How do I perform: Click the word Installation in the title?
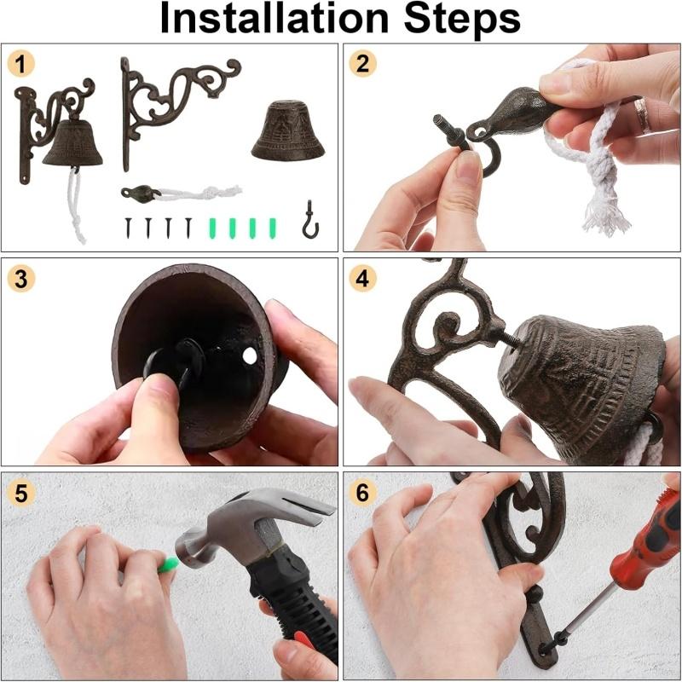[274, 18]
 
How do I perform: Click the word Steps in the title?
[462, 18]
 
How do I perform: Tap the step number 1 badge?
[20, 64]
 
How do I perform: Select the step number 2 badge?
[362, 64]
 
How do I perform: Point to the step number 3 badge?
[20, 280]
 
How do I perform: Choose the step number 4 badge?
[362, 279]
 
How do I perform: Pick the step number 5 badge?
[20, 494]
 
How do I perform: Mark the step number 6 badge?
[362, 493]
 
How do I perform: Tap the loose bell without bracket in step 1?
[288, 130]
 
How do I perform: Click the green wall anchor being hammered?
[168, 564]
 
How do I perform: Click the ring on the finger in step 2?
[642, 114]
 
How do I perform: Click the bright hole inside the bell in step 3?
[250, 356]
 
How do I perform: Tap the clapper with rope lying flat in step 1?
[181, 193]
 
